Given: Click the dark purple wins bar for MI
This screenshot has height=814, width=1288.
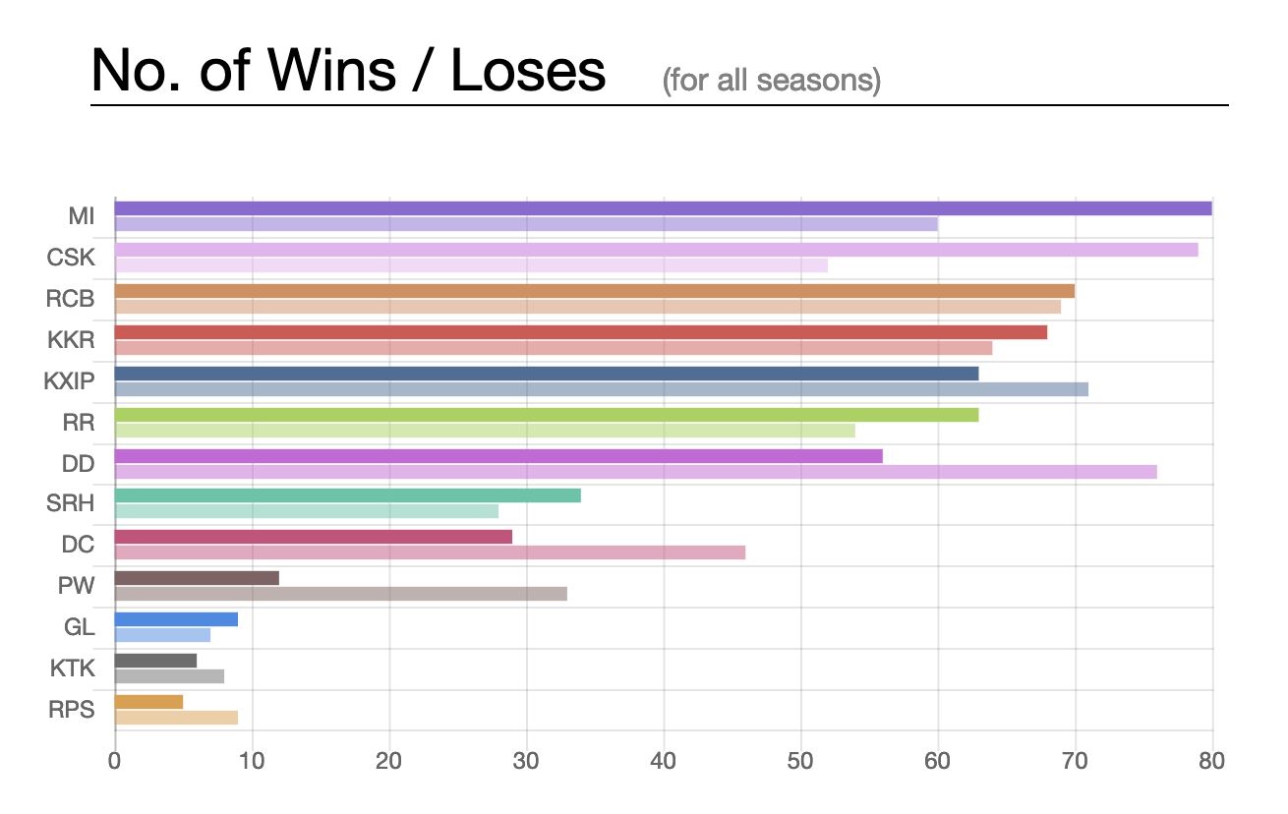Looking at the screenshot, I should tap(663, 208).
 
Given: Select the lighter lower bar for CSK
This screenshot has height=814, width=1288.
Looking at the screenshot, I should tap(471, 265).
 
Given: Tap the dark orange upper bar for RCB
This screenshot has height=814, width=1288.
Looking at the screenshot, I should tap(594, 291).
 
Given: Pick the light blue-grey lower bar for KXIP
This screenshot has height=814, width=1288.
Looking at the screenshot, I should tap(601, 389).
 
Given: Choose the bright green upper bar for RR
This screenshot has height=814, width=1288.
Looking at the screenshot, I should tap(546, 415).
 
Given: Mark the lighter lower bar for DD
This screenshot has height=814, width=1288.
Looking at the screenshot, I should tap(635, 472).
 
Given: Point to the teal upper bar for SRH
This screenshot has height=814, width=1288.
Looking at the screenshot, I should tap(347, 495).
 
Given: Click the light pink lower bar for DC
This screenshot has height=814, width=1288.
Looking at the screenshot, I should tap(430, 552).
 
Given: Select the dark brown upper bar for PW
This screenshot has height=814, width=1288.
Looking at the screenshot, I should tap(197, 578).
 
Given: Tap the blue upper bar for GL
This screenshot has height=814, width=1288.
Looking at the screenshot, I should tap(176, 619).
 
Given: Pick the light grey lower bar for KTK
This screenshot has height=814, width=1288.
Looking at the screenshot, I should tap(169, 676).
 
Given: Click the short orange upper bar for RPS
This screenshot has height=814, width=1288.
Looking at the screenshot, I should tap(148, 702).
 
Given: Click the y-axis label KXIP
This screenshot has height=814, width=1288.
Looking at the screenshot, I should tap(69, 381).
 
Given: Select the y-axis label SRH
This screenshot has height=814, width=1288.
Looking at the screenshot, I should tap(70, 504).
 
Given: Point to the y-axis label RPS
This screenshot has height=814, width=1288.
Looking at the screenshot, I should tap(71, 710).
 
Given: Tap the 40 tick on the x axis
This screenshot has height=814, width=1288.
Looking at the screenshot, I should tap(664, 760).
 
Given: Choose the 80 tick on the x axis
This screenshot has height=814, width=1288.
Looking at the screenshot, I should tap(1211, 760).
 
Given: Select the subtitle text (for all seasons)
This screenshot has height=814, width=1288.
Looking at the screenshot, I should tap(772, 79).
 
